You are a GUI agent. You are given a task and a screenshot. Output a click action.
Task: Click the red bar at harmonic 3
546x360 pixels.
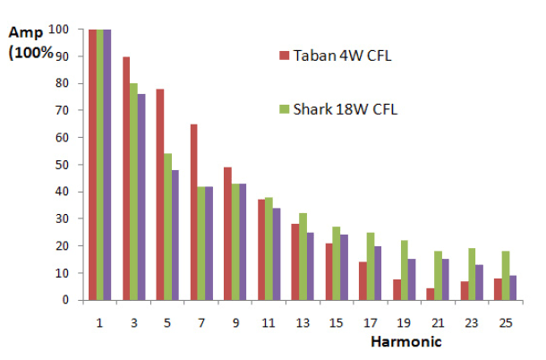pyautogui.click(x=126, y=178)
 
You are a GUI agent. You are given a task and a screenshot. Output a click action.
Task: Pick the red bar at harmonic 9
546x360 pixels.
pyautogui.click(x=227, y=234)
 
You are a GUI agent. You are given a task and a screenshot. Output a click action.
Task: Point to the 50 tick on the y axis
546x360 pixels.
pyautogui.click(x=76, y=165)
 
